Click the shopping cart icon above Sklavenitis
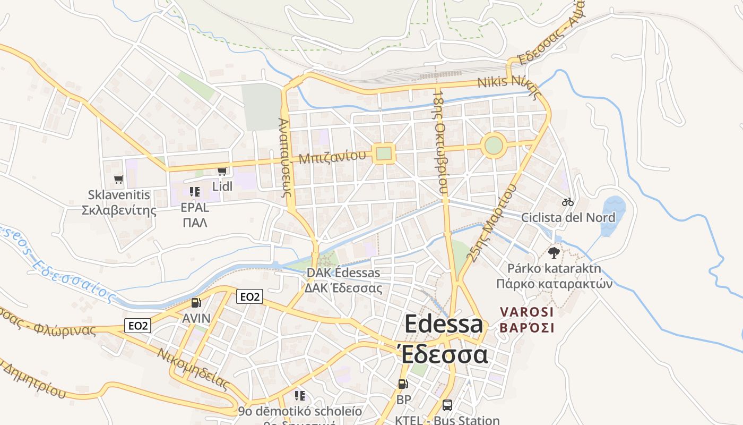point(118,180)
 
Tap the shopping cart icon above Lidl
point(222,171)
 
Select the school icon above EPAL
point(194,191)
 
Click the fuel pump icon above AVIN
point(196,303)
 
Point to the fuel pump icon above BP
point(403,384)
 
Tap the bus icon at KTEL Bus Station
point(447,405)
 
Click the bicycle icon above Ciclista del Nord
point(568,202)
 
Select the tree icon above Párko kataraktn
point(554,252)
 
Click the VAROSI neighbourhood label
point(526,312)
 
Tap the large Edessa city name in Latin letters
point(444,324)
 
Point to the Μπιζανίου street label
point(332,157)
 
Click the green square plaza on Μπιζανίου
point(383,154)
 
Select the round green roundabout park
point(494,145)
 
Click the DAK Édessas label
point(343,273)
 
